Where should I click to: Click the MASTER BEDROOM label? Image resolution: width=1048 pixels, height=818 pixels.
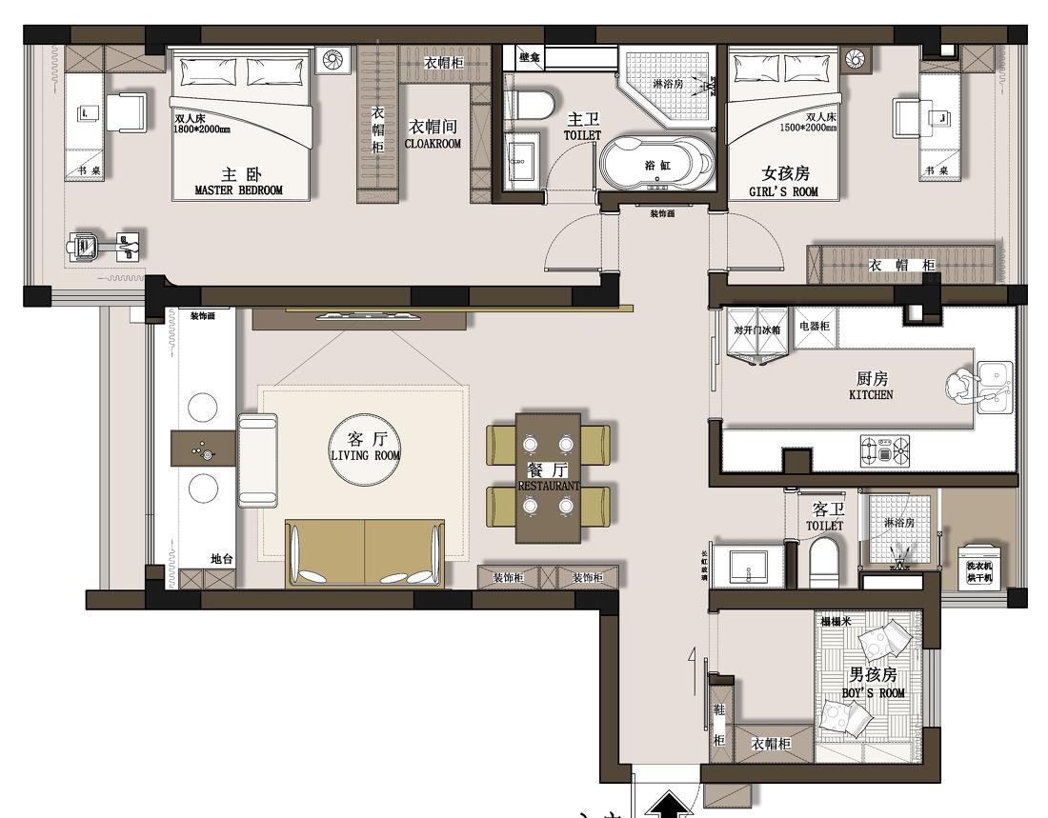point(238,190)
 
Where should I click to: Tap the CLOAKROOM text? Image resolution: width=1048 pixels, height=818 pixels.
point(433,144)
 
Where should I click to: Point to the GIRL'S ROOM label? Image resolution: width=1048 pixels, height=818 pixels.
point(784,191)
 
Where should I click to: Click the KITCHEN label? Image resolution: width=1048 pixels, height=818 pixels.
point(871,394)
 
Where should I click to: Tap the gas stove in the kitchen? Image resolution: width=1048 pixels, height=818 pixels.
point(885,449)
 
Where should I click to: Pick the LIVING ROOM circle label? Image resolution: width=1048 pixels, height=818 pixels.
point(365,446)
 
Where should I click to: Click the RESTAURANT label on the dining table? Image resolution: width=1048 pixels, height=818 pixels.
point(548,486)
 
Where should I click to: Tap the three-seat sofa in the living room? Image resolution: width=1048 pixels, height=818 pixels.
point(365,553)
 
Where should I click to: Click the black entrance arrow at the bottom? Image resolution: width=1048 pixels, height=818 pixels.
point(674,806)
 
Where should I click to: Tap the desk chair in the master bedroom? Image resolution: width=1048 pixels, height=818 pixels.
point(127,112)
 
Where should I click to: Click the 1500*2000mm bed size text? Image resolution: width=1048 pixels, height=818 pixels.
point(808,127)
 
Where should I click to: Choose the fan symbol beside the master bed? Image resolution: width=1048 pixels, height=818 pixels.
point(333,60)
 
